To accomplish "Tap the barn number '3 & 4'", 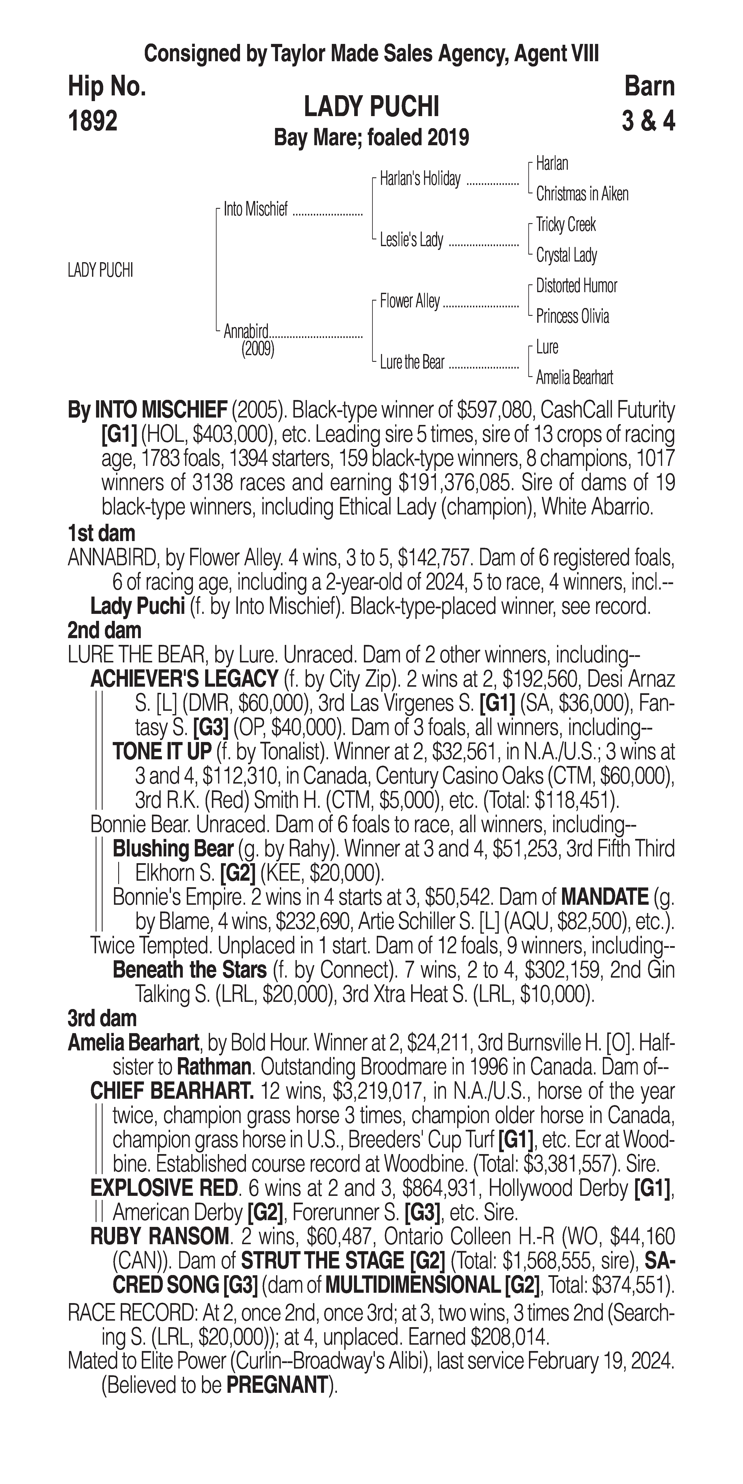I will [648, 121].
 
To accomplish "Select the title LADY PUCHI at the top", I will [371, 107].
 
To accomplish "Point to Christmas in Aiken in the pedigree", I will [582, 194].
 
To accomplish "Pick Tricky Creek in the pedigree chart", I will [566, 225].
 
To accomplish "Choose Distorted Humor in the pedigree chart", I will [576, 286].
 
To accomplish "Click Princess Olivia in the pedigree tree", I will [572, 316].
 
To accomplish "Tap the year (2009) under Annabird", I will [258, 349].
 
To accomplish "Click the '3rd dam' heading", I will [102, 1018].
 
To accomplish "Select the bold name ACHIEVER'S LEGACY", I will [184, 679].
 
